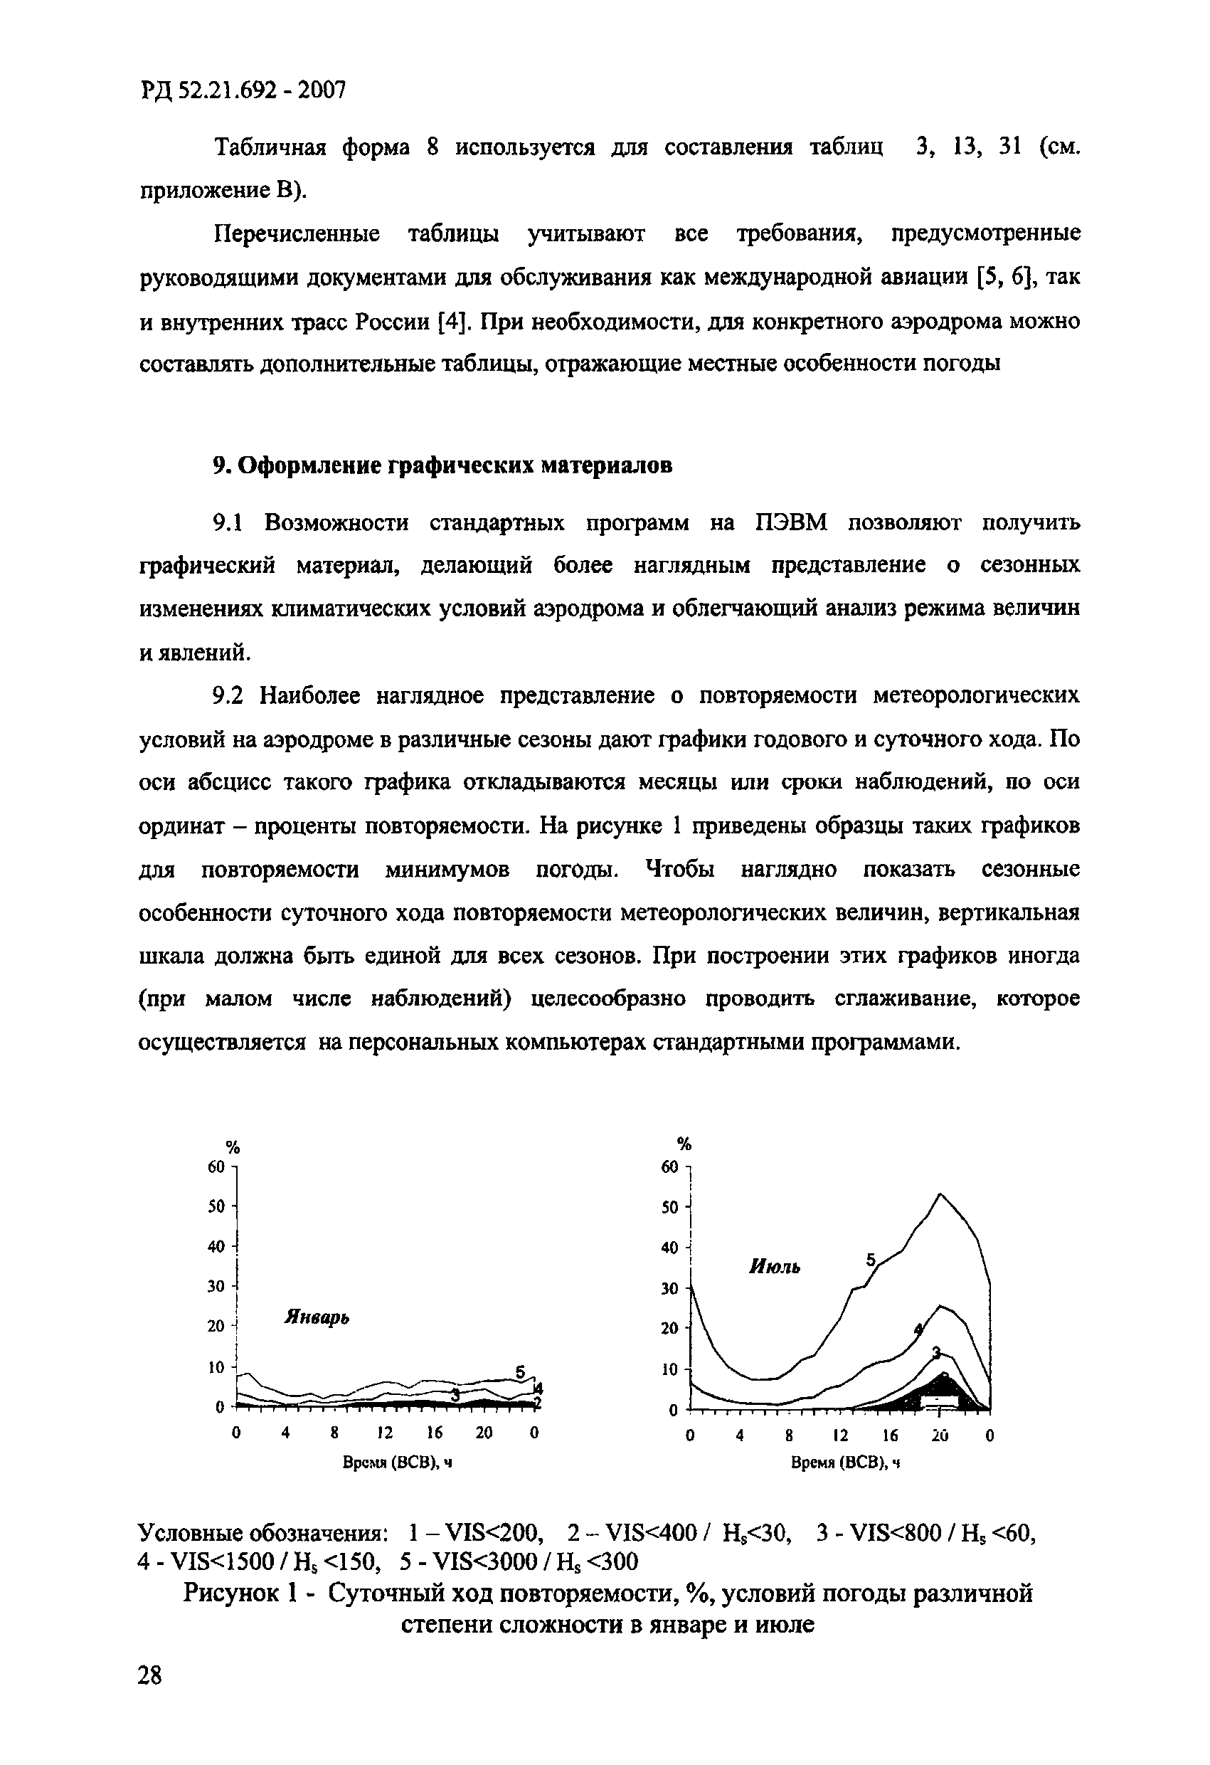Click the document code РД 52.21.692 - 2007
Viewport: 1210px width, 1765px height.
coord(243,90)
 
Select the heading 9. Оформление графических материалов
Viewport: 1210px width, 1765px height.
coord(442,465)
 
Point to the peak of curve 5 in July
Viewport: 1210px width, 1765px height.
coord(940,1195)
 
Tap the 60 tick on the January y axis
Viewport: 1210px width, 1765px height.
coord(216,1166)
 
